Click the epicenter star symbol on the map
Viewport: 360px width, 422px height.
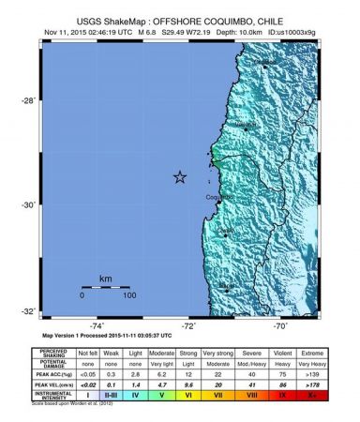coord(179,177)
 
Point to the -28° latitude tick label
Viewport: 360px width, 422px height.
coord(29,100)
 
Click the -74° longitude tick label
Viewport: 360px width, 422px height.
coord(95,325)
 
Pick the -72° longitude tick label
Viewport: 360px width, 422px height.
coord(188,325)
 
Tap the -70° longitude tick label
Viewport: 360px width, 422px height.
coord(280,325)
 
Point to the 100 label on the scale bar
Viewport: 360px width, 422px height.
coord(129,295)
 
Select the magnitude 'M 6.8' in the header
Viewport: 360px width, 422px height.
coord(146,29)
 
